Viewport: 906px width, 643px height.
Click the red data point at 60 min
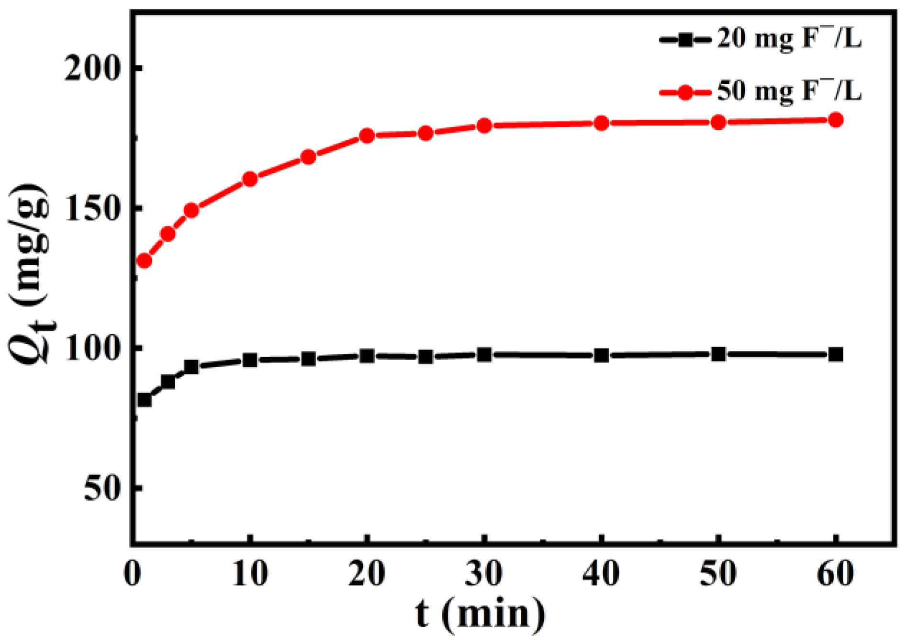[835, 120]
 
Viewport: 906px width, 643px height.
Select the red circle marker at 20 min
[367, 136]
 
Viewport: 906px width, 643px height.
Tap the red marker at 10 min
[250, 179]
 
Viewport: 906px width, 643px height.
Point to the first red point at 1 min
[144, 261]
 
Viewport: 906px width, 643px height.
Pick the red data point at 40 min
[601, 124]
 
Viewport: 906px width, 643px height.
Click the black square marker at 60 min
[835, 355]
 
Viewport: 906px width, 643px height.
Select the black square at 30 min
[484, 355]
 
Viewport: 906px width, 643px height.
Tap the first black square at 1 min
[144, 399]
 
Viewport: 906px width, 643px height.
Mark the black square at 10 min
[250, 360]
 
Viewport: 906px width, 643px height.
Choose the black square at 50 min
[718, 354]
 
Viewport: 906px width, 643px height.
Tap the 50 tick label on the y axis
[101, 489]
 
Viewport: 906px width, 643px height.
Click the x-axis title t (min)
[480, 615]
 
